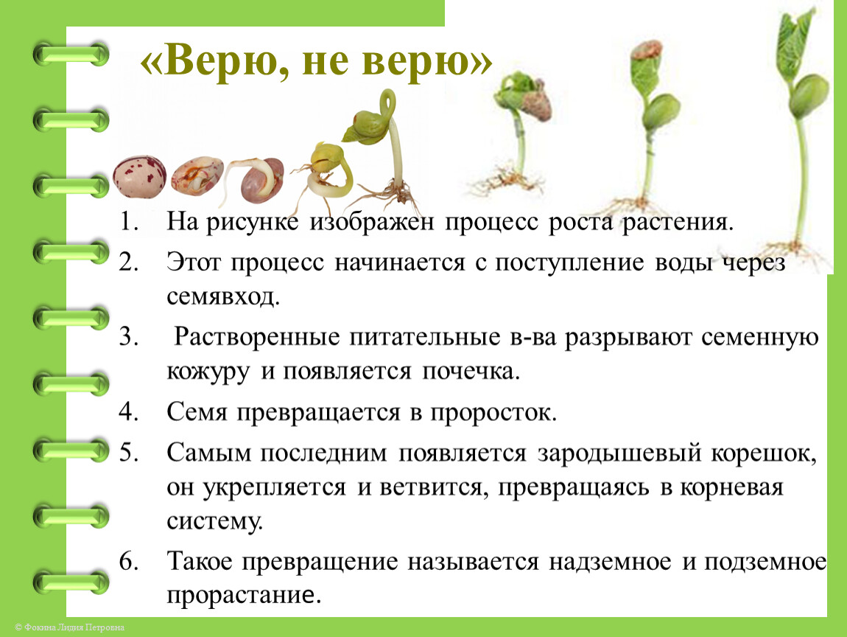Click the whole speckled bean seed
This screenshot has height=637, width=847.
[x=139, y=176]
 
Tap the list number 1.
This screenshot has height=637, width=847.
[x=129, y=221]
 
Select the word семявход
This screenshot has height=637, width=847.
[x=222, y=297]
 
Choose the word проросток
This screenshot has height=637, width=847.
[x=493, y=413]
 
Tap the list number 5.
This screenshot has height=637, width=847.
[x=129, y=452]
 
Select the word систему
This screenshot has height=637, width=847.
[x=214, y=521]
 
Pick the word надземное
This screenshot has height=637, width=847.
[x=610, y=563]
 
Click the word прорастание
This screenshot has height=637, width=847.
[x=244, y=596]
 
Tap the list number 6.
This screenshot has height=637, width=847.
[x=129, y=561]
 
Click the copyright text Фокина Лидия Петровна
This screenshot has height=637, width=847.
[x=74, y=627]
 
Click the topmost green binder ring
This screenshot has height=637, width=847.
[x=71, y=55]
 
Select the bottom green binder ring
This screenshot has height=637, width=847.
[x=71, y=582]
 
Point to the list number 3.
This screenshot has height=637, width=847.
[x=129, y=336]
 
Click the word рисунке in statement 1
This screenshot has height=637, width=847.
[x=252, y=222]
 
